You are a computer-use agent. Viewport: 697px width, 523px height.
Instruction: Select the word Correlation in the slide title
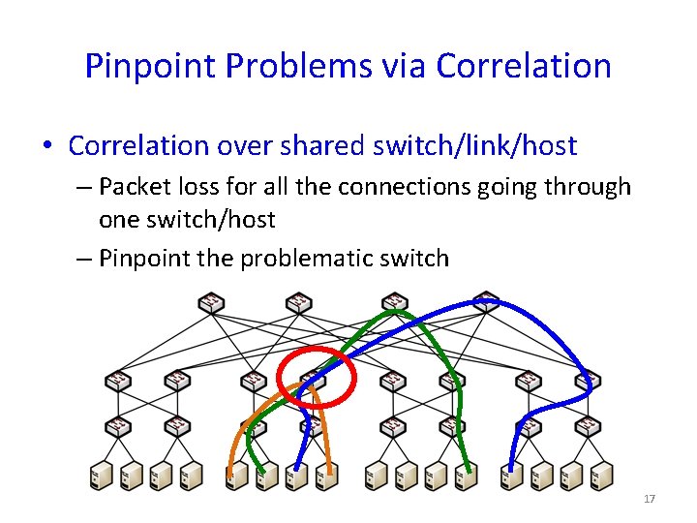coord(524,66)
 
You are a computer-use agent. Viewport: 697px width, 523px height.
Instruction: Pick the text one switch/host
coord(187,220)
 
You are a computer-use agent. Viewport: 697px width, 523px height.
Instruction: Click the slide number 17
coord(649,499)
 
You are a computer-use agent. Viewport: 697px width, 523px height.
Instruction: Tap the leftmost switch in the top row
coord(210,303)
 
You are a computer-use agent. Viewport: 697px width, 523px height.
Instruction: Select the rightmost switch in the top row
coord(486,303)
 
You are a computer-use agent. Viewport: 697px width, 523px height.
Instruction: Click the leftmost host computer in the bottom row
coord(100,475)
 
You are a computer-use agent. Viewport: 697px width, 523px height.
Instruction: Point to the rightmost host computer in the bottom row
coord(601,475)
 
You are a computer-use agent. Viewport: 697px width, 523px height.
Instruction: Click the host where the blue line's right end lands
coord(510,475)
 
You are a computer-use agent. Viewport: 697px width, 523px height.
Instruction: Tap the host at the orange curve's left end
coord(233,475)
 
